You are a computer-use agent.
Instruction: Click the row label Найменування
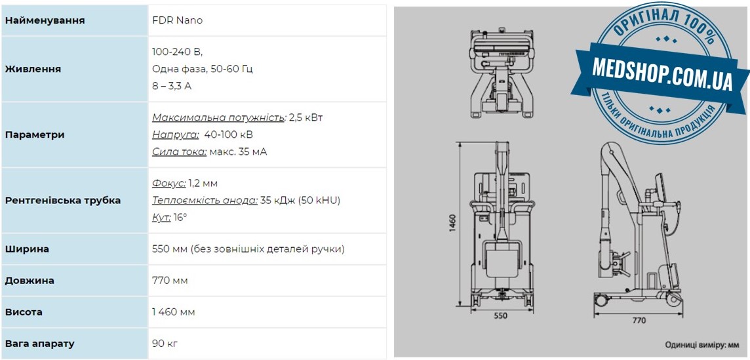45,20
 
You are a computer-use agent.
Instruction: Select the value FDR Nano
178,20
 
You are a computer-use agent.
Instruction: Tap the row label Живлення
33,69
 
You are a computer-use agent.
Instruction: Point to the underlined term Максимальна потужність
218,117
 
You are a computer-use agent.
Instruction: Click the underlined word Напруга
176,134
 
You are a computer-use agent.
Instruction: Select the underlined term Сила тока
180,152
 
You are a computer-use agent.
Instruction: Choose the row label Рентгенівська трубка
63,200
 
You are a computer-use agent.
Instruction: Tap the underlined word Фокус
169,183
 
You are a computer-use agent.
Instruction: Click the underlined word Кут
161,218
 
